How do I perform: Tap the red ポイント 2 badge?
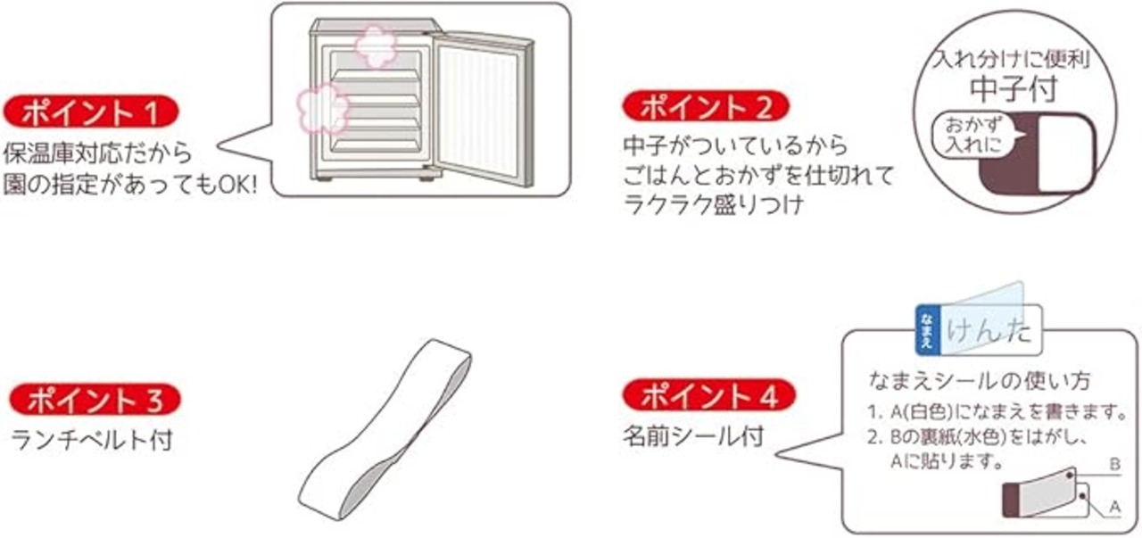[x=706, y=108]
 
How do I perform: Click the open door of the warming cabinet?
[x=483, y=107]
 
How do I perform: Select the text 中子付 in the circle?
[x=1013, y=89]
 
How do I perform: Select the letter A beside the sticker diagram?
[x=1113, y=507]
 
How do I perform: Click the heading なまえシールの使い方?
[x=979, y=380]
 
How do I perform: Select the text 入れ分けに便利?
[x=1012, y=62]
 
